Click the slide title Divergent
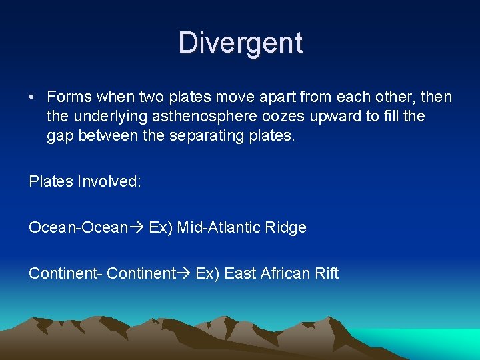point(240,43)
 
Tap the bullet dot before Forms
point(32,97)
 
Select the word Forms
point(68,97)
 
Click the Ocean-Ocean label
point(78,227)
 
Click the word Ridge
point(285,227)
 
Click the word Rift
point(327,273)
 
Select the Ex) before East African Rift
point(207,273)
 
